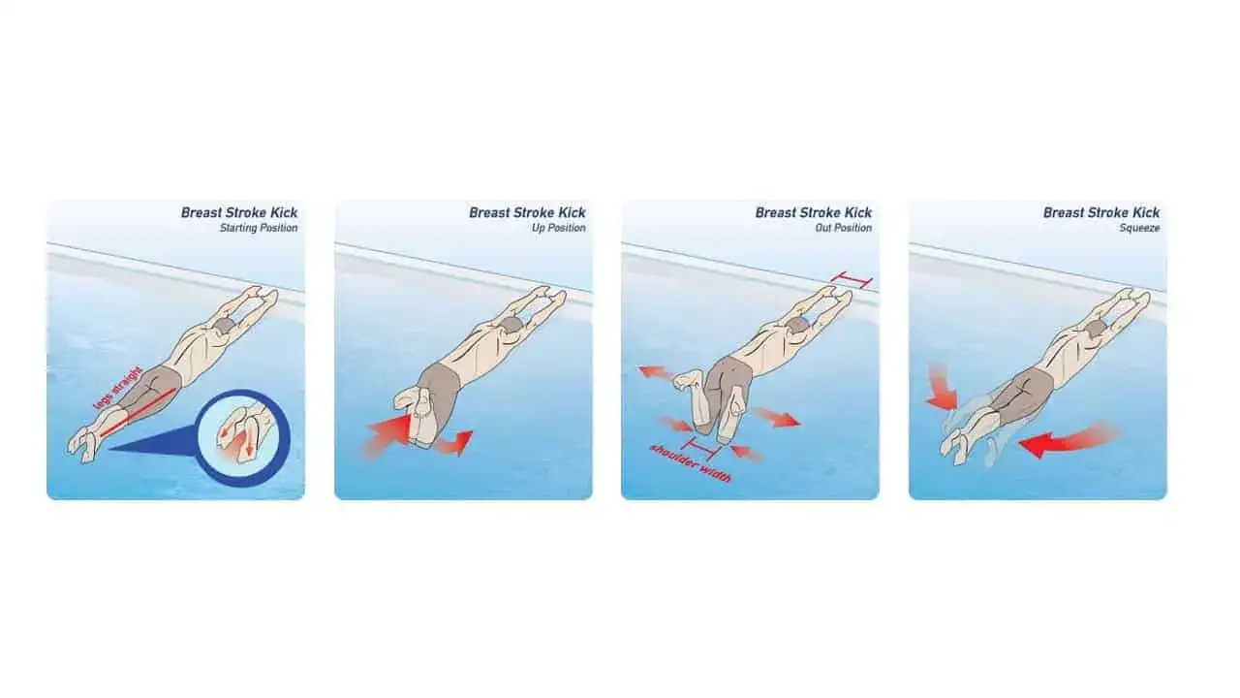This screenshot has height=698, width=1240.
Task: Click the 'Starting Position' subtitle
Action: pos(259,228)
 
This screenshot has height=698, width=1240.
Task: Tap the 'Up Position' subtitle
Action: pos(559,228)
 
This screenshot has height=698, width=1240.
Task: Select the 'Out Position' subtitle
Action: pos(843,228)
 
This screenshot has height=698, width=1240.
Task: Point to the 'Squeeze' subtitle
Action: pos(1139,228)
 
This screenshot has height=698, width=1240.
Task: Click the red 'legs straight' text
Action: pos(118,388)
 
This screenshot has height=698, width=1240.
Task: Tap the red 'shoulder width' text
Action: pos(691,463)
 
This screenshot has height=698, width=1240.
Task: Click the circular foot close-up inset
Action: pos(243,437)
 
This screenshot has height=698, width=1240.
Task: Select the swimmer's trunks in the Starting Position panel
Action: pos(150,389)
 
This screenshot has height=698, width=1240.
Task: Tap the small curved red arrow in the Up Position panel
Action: pos(457,443)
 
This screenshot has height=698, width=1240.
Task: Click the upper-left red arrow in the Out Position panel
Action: pos(658,373)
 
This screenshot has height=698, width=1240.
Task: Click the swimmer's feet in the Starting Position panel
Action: pos(83,444)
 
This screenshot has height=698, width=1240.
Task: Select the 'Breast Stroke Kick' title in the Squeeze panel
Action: pos(1101,212)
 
